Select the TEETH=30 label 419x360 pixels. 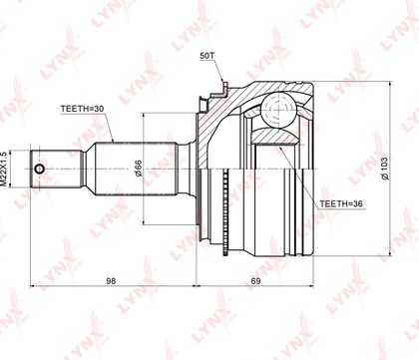coord(83,109)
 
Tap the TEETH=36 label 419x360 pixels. coord(341,203)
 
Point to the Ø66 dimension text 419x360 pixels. coord(138,169)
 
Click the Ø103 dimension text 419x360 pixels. coord(385,169)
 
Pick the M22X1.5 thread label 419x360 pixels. coord(4,169)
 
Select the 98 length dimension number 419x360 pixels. coord(111,281)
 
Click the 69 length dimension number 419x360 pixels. coord(255,281)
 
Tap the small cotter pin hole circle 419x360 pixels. coord(39,169)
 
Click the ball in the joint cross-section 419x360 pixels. coord(278,109)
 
